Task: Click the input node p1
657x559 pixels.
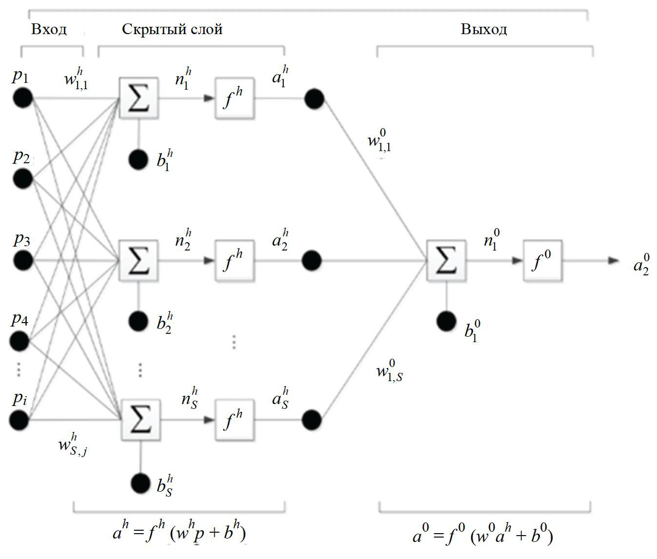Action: [x=22, y=97]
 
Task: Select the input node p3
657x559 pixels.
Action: [x=22, y=260]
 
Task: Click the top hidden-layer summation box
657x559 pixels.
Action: [x=139, y=97]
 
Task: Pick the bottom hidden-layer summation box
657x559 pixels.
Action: [x=139, y=420]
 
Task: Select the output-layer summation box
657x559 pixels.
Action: [x=446, y=260]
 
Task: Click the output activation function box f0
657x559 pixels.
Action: [x=542, y=260]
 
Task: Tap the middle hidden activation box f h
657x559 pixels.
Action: [x=235, y=260]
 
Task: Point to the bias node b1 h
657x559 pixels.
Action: [x=139, y=159]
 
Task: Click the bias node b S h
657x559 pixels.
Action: [x=140, y=482]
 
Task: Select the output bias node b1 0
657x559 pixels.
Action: [x=446, y=321]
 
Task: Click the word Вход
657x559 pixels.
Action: [x=49, y=30]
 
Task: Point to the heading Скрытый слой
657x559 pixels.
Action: [x=172, y=30]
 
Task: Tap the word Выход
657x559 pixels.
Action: [x=484, y=30]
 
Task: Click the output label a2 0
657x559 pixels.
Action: [x=641, y=264]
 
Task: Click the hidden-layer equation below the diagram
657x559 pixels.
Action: [x=179, y=533]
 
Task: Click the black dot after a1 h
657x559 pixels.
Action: [x=314, y=98]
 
